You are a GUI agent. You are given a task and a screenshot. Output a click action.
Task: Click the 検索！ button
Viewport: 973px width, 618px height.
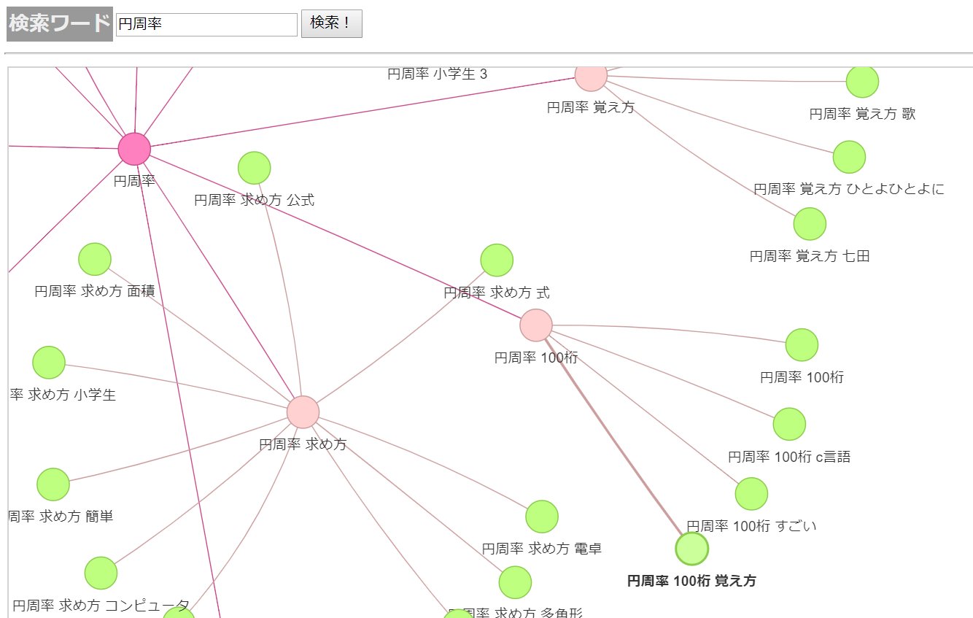coord(331,23)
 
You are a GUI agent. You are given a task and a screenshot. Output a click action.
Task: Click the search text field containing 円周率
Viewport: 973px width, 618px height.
coord(206,24)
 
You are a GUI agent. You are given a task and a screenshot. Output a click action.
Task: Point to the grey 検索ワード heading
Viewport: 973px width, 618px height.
coord(59,24)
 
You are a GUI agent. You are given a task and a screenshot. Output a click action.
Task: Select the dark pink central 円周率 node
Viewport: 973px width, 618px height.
coord(134,149)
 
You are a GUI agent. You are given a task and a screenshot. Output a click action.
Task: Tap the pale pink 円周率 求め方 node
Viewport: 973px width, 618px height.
coord(303,412)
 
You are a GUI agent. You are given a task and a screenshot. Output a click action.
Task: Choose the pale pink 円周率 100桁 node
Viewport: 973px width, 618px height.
coord(536,325)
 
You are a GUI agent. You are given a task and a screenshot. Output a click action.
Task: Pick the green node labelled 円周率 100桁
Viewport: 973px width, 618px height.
coord(802,344)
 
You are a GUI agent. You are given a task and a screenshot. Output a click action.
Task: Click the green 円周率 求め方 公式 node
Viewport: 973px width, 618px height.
coord(255,168)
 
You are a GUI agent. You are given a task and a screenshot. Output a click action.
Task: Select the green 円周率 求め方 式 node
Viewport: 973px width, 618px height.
coord(497,260)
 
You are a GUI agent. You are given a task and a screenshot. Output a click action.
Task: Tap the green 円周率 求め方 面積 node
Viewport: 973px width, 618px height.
coord(95,259)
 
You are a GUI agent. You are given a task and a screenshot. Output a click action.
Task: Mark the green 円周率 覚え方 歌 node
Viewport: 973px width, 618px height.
coord(862,81)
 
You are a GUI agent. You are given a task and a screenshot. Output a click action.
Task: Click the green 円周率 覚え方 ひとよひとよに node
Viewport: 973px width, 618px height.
coord(849,157)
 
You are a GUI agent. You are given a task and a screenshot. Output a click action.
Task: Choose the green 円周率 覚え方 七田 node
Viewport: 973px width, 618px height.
coord(810,224)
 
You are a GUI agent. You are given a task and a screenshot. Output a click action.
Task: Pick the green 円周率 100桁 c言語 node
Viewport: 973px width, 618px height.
coord(789,424)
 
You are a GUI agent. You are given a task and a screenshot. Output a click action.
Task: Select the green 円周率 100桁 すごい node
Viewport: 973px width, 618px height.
coord(751,494)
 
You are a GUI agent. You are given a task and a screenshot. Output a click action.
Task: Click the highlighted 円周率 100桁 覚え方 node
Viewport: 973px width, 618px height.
coord(692,549)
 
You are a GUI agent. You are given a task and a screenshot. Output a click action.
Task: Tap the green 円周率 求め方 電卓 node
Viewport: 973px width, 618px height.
coord(542,517)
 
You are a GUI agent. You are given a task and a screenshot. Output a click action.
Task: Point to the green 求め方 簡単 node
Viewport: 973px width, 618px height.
coord(53,484)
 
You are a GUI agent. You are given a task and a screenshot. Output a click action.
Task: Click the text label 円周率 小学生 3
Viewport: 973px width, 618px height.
coord(437,74)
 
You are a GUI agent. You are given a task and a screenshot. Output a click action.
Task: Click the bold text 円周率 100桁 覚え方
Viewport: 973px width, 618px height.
coord(691,582)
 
